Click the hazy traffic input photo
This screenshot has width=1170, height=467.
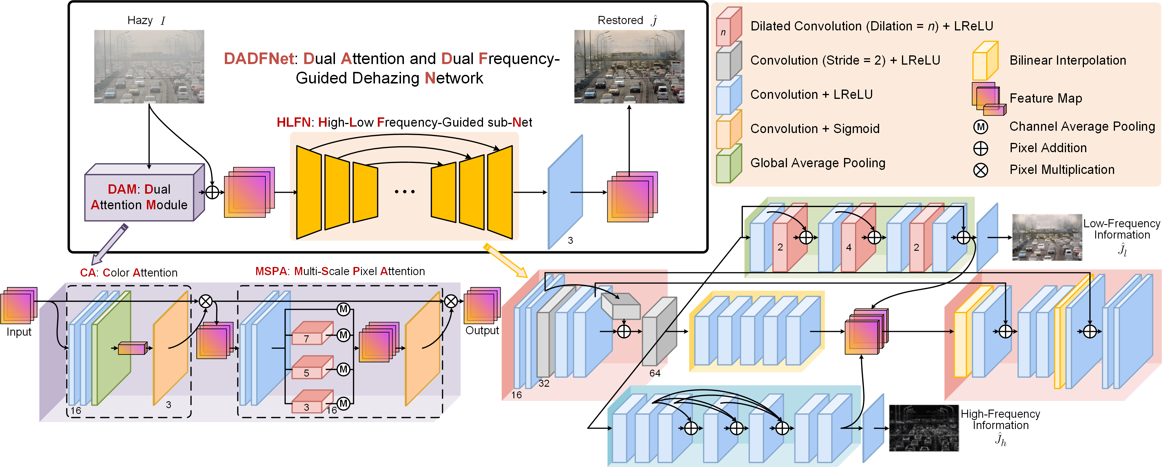click(149, 66)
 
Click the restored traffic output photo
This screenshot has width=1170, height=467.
click(629, 66)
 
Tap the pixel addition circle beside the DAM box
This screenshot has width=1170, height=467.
click(212, 192)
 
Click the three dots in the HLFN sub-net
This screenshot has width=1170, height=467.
click(404, 192)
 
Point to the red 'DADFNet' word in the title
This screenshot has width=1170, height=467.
click(259, 59)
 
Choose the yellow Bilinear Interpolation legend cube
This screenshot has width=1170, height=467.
click(985, 61)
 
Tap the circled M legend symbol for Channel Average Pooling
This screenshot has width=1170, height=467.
click(981, 127)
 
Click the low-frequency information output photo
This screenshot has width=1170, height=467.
click(1047, 237)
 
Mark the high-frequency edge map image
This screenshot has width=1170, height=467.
click(923, 428)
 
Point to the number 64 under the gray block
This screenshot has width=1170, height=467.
click(655, 373)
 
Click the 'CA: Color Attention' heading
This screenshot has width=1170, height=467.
click(129, 272)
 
